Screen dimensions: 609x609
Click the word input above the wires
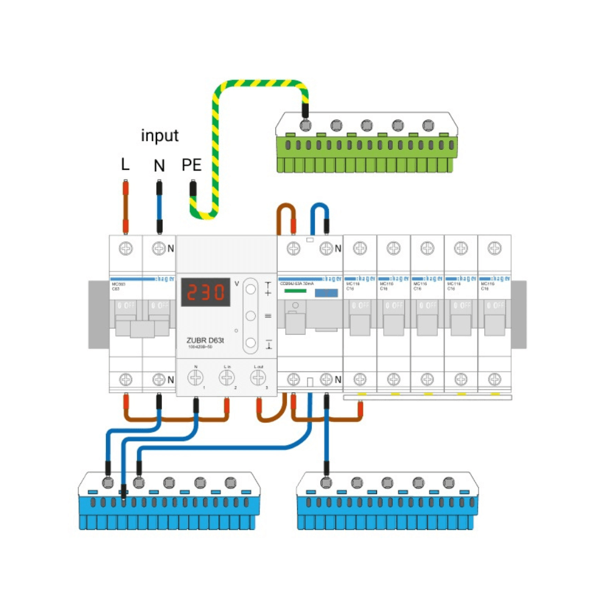tap(160, 135)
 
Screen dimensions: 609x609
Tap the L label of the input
tap(125, 164)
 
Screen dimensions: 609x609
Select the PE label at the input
tap(192, 165)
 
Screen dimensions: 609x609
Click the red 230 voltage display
tap(206, 294)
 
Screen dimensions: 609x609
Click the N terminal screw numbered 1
tap(196, 378)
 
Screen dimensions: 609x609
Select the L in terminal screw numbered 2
tap(227, 378)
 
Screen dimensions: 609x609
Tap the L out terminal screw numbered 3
tap(258, 378)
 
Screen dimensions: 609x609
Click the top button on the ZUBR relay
tap(250, 289)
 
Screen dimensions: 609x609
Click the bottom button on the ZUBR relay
tap(250, 342)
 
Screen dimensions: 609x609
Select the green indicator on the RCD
tap(295, 292)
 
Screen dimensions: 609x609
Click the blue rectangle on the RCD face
tap(326, 293)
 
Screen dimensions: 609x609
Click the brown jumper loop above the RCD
tap(286, 213)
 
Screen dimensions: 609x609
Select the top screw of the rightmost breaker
tap(494, 248)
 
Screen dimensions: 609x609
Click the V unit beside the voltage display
tap(237, 284)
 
